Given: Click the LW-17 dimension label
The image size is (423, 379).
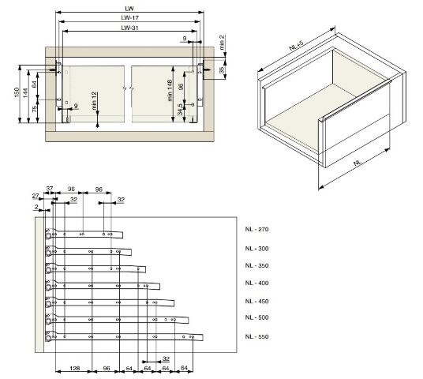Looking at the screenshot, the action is [x=129, y=18].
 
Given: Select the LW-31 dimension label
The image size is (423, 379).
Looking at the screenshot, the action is [x=129, y=28].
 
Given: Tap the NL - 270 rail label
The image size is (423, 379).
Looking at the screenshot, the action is [x=256, y=229].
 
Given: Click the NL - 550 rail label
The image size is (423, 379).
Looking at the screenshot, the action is [x=256, y=336].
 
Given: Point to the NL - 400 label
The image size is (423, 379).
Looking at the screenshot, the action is [x=256, y=283].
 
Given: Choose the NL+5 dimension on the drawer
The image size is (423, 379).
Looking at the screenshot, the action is [x=296, y=45].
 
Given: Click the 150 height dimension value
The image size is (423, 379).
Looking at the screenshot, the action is [x=17, y=92].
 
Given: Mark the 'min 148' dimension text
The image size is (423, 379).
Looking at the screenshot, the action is [x=170, y=91].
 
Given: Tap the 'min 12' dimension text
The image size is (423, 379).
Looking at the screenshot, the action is [x=94, y=101].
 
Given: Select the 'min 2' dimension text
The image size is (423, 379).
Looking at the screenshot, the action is [x=222, y=42].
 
